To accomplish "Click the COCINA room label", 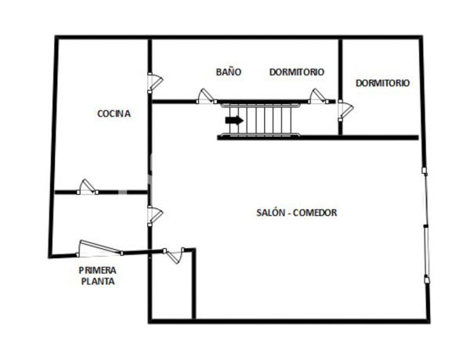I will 114,113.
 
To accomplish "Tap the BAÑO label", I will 229,72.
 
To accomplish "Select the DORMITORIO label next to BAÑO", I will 297,72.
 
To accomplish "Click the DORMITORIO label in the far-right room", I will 382,83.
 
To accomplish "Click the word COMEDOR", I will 316,213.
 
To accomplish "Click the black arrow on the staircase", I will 233,121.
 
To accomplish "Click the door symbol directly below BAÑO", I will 207,96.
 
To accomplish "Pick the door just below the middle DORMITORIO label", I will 319,96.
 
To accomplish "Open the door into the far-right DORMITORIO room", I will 343,110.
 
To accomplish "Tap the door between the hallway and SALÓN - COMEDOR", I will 154,215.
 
